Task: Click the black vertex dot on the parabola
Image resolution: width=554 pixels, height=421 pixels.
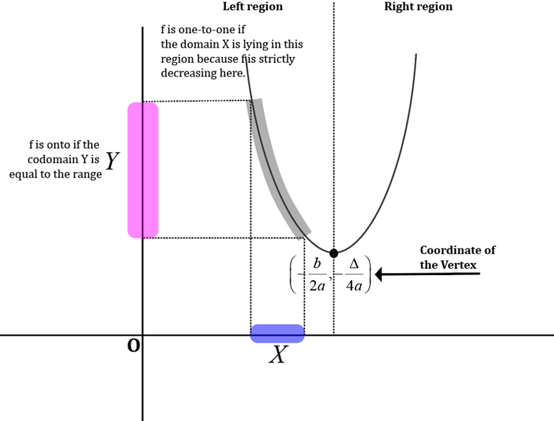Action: (x=333, y=253)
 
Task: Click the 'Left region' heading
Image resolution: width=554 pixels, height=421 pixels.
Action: (x=252, y=6)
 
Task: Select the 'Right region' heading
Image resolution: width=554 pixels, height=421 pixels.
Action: (x=418, y=6)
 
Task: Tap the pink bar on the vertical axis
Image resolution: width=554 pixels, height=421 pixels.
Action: (x=143, y=170)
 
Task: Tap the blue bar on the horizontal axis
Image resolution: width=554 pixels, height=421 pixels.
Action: (x=277, y=333)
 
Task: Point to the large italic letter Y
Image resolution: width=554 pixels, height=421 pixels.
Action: (x=112, y=161)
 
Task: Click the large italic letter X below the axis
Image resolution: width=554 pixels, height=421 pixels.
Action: (x=277, y=355)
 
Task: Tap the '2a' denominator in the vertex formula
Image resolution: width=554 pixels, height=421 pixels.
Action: (x=317, y=285)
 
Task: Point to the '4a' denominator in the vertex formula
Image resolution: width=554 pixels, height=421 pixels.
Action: (x=353, y=285)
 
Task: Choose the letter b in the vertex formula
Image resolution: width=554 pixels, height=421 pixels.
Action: (x=317, y=264)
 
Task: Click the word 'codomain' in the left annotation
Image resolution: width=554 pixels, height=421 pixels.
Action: (x=52, y=160)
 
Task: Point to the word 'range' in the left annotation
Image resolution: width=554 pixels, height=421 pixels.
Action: (x=87, y=174)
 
